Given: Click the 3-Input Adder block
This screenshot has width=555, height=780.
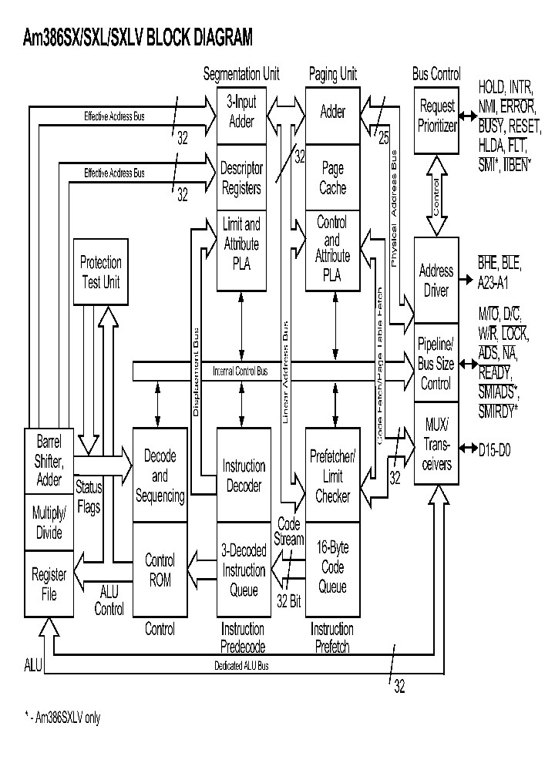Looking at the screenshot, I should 241,113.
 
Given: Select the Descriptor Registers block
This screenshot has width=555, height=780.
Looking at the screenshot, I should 241,178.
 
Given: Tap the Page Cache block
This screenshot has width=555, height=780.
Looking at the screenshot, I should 333,178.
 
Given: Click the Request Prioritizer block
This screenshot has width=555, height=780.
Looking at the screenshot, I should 437,116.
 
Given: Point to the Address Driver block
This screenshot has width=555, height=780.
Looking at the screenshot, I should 436,281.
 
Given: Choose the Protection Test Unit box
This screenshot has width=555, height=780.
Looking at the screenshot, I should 101,272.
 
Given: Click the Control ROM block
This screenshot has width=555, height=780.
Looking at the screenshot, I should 160,570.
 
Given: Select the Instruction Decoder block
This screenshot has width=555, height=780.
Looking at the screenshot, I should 243,476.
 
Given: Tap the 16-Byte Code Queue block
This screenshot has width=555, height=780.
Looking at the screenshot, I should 333,567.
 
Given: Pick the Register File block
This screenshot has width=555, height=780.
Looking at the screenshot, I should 49,583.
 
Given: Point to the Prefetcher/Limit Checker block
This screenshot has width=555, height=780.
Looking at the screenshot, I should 333,476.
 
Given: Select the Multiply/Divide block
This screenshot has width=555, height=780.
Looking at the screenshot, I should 49,523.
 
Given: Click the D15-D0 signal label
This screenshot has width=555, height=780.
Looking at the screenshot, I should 498,446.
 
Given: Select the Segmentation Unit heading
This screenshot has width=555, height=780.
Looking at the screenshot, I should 241,75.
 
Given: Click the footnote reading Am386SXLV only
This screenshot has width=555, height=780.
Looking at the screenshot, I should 62,718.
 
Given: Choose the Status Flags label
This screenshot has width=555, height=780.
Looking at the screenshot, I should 89,498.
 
